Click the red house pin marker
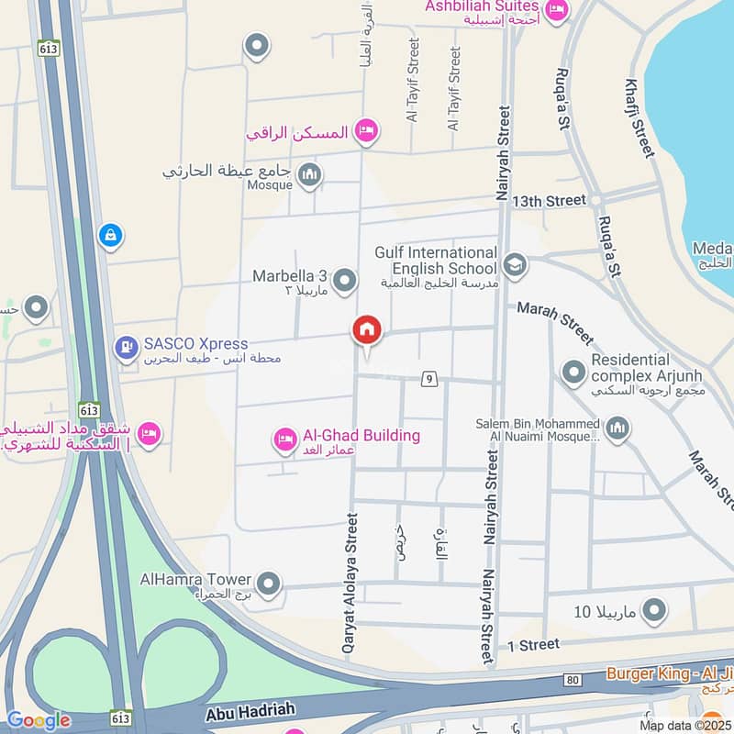pyautogui.click(x=367, y=330)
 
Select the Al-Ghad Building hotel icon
pyautogui.click(x=284, y=441)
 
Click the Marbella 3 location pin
pyautogui.click(x=344, y=281)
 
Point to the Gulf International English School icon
pyautogui.click(x=515, y=265)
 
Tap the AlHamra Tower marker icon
pyautogui.click(x=268, y=583)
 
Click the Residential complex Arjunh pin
pyautogui.click(x=573, y=372)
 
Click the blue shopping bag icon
pyautogui.click(x=110, y=236)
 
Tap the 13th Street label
pyautogui.click(x=549, y=200)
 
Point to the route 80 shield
pyautogui.click(x=573, y=680)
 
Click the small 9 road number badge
pyautogui.click(x=428, y=378)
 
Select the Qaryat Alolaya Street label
pyautogui.click(x=349, y=584)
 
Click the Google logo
pyautogui.click(x=39, y=720)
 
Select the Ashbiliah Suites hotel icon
pyautogui.click(x=556, y=11)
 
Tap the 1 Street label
pyautogui.click(x=533, y=645)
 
